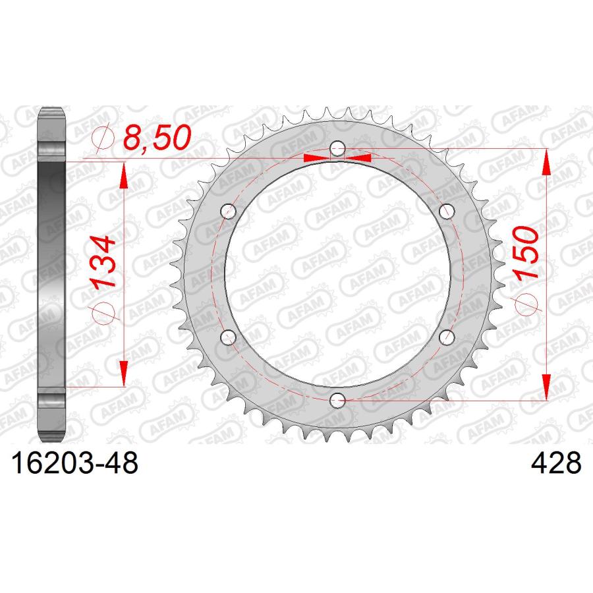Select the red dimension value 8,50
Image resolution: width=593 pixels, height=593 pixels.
click(157, 136)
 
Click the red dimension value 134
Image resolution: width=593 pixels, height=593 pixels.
click(102, 262)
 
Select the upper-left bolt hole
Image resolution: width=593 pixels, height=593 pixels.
click(229, 211)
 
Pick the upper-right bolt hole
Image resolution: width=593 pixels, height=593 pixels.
click(447, 211)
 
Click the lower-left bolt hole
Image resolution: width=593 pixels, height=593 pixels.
click(229, 337)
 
